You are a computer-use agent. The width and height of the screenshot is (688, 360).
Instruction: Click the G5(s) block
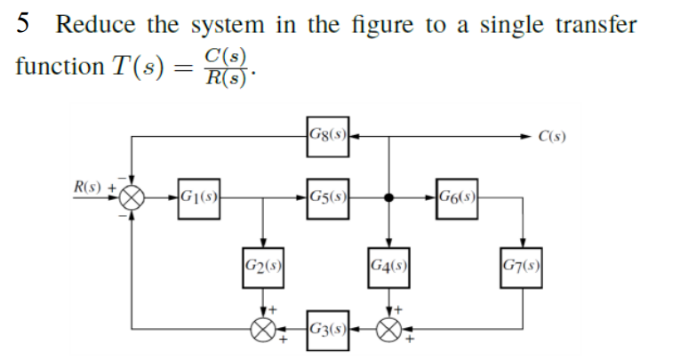click(x=326, y=197)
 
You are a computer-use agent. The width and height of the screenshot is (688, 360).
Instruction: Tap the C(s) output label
click(x=553, y=137)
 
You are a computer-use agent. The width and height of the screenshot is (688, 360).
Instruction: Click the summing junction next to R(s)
click(x=132, y=197)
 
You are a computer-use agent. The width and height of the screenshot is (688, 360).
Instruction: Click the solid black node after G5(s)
click(x=388, y=197)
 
